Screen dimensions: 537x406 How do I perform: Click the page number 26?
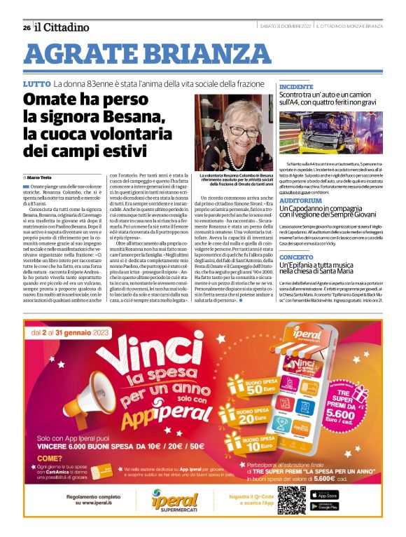(26, 27)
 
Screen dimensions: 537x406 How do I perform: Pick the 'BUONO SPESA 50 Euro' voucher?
(257, 385)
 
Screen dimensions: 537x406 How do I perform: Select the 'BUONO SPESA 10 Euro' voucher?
(258, 442)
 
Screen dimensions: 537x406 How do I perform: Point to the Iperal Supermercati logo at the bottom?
(176, 499)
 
